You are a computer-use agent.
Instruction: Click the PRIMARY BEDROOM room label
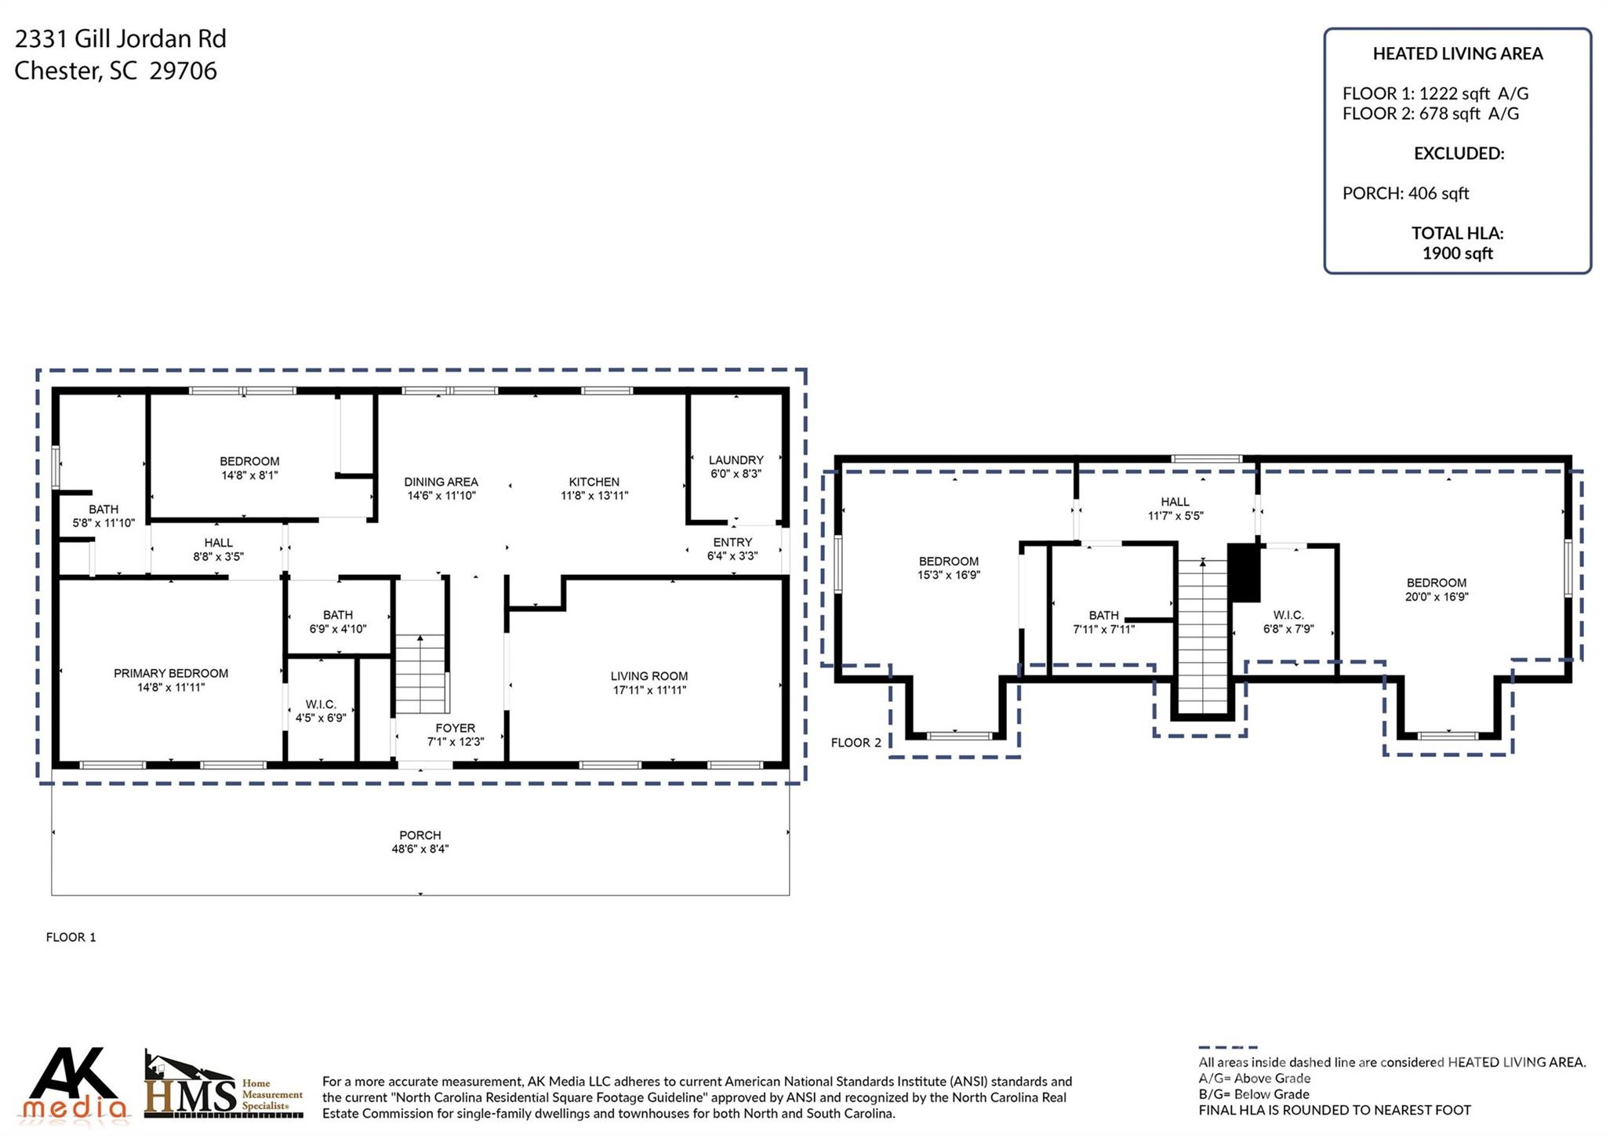(171, 673)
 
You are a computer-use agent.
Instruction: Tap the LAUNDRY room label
(736, 460)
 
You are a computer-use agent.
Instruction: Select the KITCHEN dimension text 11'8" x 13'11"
(594, 496)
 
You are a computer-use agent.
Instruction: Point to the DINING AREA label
(441, 482)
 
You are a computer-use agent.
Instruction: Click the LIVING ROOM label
(649, 676)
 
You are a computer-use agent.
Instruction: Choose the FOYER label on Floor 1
(456, 728)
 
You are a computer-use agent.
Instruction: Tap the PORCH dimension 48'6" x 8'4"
(420, 849)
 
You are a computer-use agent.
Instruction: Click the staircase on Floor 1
(421, 674)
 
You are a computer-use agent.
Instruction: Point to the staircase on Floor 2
(1203, 636)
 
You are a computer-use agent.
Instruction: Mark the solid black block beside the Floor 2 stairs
(1244, 573)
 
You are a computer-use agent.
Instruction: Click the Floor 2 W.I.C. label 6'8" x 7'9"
(1288, 622)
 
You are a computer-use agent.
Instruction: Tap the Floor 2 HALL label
(1175, 502)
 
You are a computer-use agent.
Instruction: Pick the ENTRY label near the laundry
(732, 542)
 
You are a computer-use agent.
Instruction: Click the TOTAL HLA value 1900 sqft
(1458, 253)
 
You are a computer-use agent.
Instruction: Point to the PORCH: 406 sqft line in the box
(1405, 193)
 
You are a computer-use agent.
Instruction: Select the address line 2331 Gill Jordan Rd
(121, 38)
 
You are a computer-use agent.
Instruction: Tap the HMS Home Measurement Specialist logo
(223, 1084)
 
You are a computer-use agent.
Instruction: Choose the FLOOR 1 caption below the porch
(71, 937)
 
